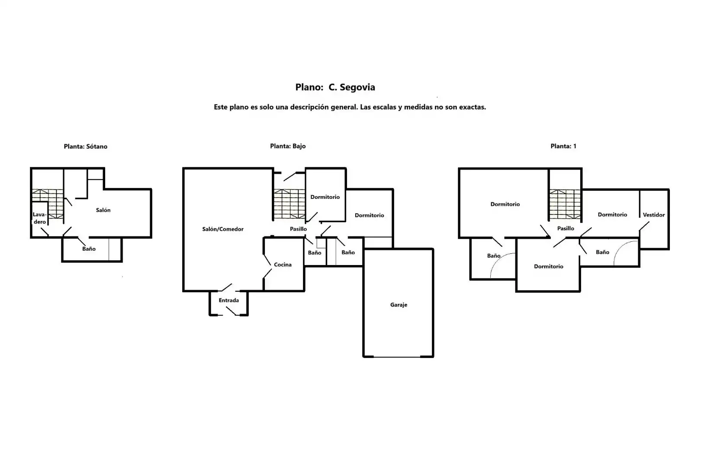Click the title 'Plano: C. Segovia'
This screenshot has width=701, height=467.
coord(335,87)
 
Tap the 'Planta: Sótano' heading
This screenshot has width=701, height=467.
coord(85,147)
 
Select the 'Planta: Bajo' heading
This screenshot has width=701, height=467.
coord(288,146)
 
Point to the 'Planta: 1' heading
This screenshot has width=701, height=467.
coord(563,146)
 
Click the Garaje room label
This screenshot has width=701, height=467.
coord(399,305)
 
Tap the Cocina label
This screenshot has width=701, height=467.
coord(283,265)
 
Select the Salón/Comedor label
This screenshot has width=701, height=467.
coord(222,229)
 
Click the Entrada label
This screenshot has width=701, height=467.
coord(228,300)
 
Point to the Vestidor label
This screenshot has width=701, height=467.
coord(653,215)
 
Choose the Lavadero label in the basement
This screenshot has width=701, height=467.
coord(39,218)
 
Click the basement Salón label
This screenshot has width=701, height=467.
coord(103,210)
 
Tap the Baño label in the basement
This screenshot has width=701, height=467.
coord(89,249)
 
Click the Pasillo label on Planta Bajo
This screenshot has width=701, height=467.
coord(298,229)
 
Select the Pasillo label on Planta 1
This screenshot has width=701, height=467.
coord(566,228)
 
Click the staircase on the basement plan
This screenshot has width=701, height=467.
coord(48,203)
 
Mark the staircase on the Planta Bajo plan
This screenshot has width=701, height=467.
coord(289,204)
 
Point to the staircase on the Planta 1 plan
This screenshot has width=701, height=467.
coord(565,204)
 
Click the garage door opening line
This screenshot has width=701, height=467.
coord(397,357)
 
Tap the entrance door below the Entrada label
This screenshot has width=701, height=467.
coord(231,311)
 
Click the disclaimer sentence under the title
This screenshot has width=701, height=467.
coord(350,107)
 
